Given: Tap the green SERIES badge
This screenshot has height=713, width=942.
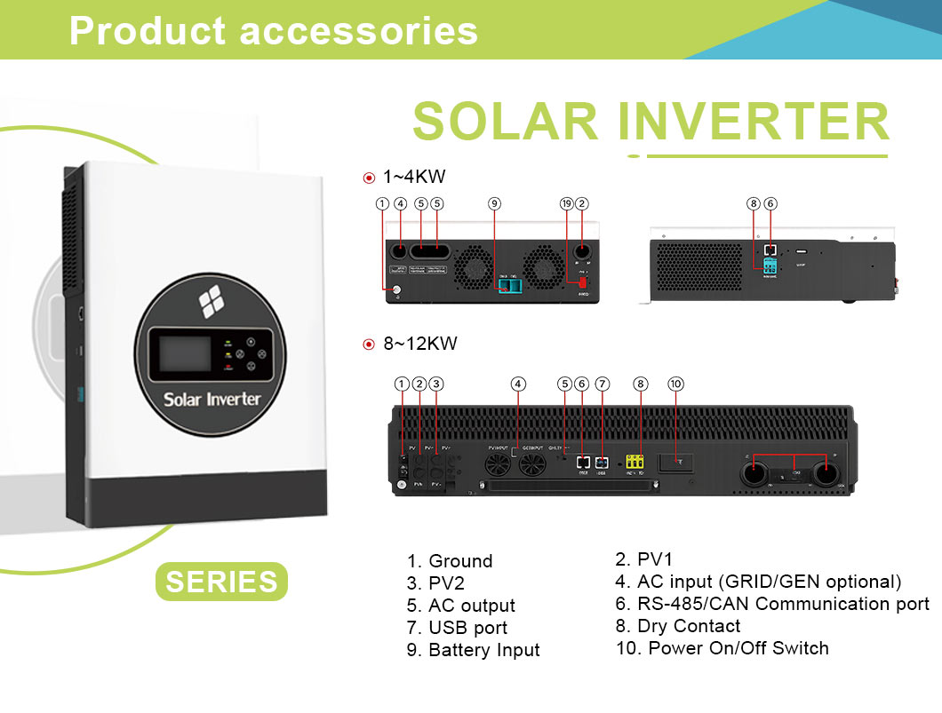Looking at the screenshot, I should pyautogui.click(x=221, y=582).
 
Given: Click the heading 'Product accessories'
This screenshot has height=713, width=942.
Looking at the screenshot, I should pyautogui.click(x=274, y=31).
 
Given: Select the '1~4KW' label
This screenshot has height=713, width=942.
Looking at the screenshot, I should pyautogui.click(x=413, y=178).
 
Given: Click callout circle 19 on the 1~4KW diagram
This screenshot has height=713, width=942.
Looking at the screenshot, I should pyautogui.click(x=567, y=203).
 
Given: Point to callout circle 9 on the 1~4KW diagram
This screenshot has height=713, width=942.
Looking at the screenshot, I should pyautogui.click(x=494, y=203).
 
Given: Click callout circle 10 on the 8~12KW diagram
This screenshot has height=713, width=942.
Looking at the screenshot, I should pyautogui.click(x=675, y=384).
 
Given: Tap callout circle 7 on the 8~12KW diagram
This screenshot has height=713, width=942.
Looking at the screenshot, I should pyautogui.click(x=603, y=384).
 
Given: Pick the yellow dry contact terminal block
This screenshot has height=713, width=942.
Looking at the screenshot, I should pyautogui.click(x=635, y=462).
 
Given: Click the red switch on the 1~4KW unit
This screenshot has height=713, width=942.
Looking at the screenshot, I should pyautogui.click(x=583, y=282).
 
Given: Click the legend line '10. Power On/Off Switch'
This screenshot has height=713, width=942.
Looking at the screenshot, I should pyautogui.click(x=722, y=648).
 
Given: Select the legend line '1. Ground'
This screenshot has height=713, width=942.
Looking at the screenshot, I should pyautogui.click(x=450, y=561).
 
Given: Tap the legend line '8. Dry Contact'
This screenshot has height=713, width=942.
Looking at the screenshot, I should pyautogui.click(x=677, y=626).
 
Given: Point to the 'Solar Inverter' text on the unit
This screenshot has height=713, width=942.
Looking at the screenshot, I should pyautogui.click(x=212, y=399).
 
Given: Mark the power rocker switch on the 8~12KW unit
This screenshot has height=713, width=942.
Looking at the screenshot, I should pyautogui.click(x=675, y=462).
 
